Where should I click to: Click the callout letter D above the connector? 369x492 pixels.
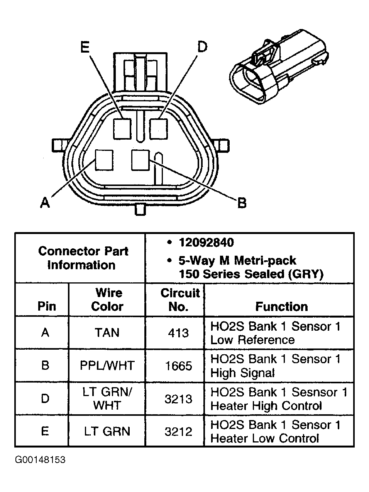[x=202, y=47]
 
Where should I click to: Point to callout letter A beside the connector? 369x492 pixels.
[x=45, y=202]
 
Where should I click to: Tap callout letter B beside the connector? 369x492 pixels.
[x=242, y=203]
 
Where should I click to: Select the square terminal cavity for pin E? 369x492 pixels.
[x=122, y=129]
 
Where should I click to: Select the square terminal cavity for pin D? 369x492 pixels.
[x=158, y=129]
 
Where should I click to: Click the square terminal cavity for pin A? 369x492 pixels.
[x=104, y=160]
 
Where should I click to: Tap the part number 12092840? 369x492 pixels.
[x=206, y=243]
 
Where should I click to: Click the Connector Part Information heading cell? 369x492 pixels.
[x=83, y=258]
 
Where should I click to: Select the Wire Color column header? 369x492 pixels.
[x=107, y=300]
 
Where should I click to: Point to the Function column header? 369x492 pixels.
[x=281, y=307]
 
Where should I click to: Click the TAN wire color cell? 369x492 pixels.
[x=107, y=333]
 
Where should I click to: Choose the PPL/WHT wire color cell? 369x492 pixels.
[x=107, y=366]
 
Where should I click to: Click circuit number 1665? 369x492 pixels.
[x=178, y=366]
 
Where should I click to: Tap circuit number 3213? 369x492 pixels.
[x=178, y=399]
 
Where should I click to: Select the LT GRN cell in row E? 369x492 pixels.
[x=107, y=431]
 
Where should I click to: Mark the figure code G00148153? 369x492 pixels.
[x=40, y=460]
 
